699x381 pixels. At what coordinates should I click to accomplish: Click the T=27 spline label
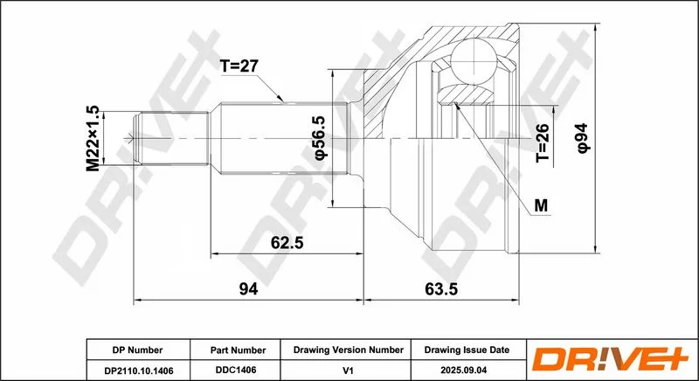239,66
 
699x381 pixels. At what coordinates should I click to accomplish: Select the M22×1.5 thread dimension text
93,139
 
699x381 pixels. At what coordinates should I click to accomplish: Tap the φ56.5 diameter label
321,137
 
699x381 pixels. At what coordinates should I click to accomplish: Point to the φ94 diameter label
583,138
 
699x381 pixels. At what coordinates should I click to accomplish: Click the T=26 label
542,142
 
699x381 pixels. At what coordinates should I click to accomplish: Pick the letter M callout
541,205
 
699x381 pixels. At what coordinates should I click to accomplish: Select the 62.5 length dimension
287,243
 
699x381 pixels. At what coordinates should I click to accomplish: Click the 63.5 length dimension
441,289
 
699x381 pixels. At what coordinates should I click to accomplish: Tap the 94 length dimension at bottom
249,289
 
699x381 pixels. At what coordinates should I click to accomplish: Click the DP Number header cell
138,350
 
